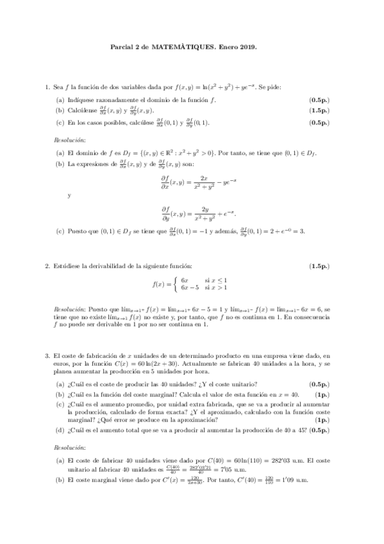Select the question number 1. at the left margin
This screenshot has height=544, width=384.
[47, 87]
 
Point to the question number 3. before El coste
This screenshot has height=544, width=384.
[47, 355]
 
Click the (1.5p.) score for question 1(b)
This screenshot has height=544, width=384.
[319, 111]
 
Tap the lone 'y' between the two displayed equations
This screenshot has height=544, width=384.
[69, 196]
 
